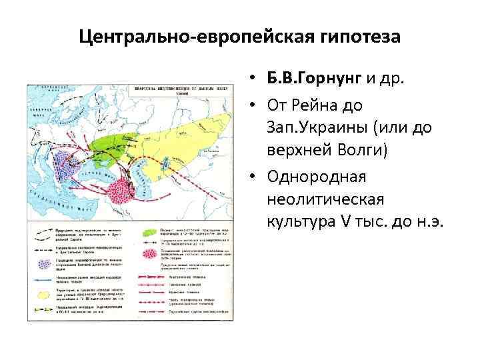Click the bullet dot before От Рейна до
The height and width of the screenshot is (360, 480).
[255, 105]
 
